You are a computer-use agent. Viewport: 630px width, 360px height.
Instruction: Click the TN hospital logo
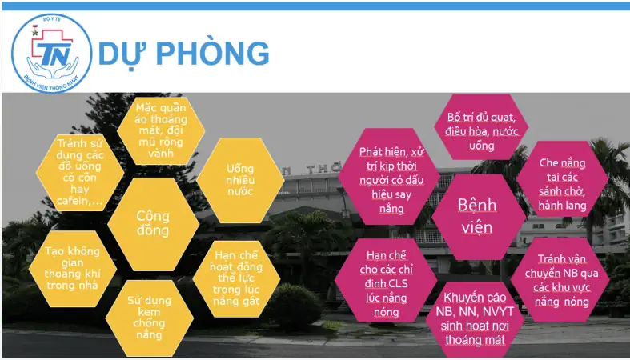51,53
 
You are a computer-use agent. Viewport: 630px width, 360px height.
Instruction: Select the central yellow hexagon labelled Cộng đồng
153,223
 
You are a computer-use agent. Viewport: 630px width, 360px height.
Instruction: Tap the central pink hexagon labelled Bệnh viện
477,216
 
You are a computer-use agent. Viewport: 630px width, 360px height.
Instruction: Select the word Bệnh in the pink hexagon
477,205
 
